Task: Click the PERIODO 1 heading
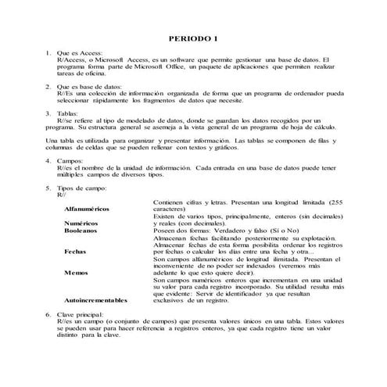coord(193,38)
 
